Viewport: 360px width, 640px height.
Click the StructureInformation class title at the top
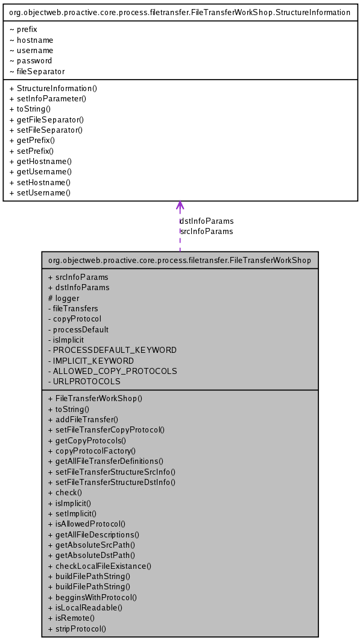(x=180, y=12)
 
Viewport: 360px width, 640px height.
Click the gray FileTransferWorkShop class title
(x=179, y=261)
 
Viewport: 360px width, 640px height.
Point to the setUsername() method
(x=40, y=193)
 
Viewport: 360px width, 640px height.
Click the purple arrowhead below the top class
(x=180, y=206)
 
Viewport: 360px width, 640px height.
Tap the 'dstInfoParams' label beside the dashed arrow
(x=207, y=221)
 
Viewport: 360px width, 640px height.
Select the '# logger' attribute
(x=63, y=298)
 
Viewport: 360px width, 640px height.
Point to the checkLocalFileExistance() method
(x=99, y=566)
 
